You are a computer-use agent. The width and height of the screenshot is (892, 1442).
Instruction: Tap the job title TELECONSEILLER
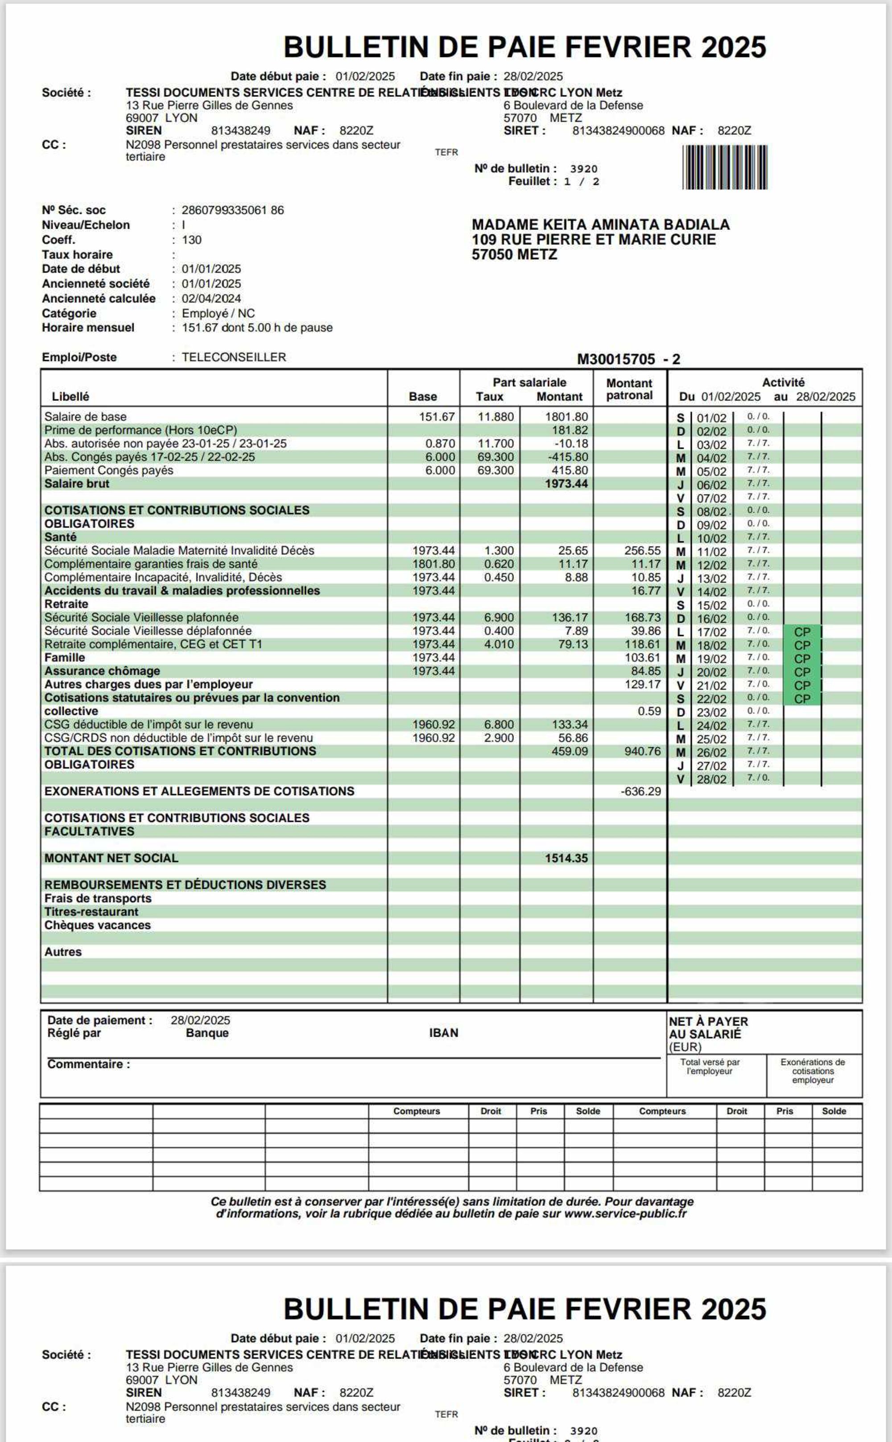point(234,357)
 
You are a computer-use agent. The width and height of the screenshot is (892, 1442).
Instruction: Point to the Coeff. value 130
point(192,240)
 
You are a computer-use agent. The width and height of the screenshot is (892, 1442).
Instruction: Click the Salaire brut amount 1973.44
point(566,484)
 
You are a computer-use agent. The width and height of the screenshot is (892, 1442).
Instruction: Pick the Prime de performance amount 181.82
point(570,430)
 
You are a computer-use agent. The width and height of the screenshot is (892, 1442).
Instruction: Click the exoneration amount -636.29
point(641,791)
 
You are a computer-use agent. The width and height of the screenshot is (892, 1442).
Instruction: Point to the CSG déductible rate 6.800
point(499,724)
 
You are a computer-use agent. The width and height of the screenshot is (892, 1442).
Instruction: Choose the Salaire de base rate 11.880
point(496,417)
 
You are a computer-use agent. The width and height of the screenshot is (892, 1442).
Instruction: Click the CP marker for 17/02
point(802,632)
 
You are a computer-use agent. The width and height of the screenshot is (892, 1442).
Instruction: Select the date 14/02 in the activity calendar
point(711,592)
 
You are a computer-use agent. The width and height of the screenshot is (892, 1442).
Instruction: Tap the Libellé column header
point(70,397)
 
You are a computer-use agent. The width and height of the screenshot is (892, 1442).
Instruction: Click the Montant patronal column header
point(629,389)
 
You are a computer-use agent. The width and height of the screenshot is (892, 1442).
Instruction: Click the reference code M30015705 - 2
point(628,359)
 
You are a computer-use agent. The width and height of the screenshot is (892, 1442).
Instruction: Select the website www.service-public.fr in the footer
point(625,1214)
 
